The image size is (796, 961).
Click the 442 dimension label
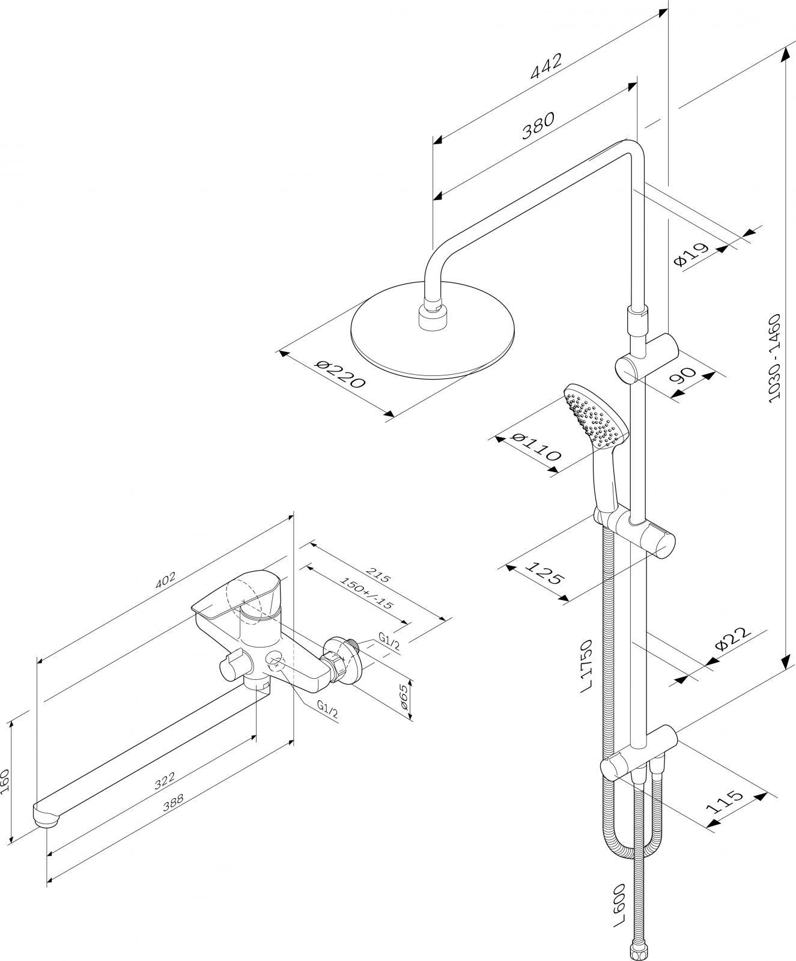546,66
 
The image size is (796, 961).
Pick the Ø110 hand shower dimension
536,446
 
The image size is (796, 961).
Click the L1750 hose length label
588,665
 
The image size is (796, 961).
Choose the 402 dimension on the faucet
166,579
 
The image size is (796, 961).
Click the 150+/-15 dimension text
366,593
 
